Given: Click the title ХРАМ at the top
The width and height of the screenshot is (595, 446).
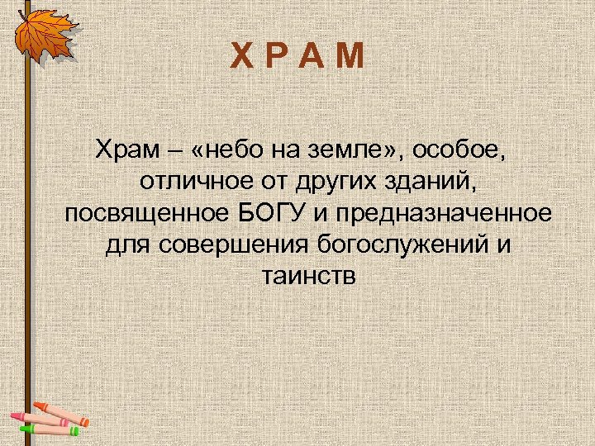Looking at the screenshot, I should pyautogui.click(x=297, y=58).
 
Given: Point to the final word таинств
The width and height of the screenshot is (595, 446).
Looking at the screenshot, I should pyautogui.click(x=308, y=276).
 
